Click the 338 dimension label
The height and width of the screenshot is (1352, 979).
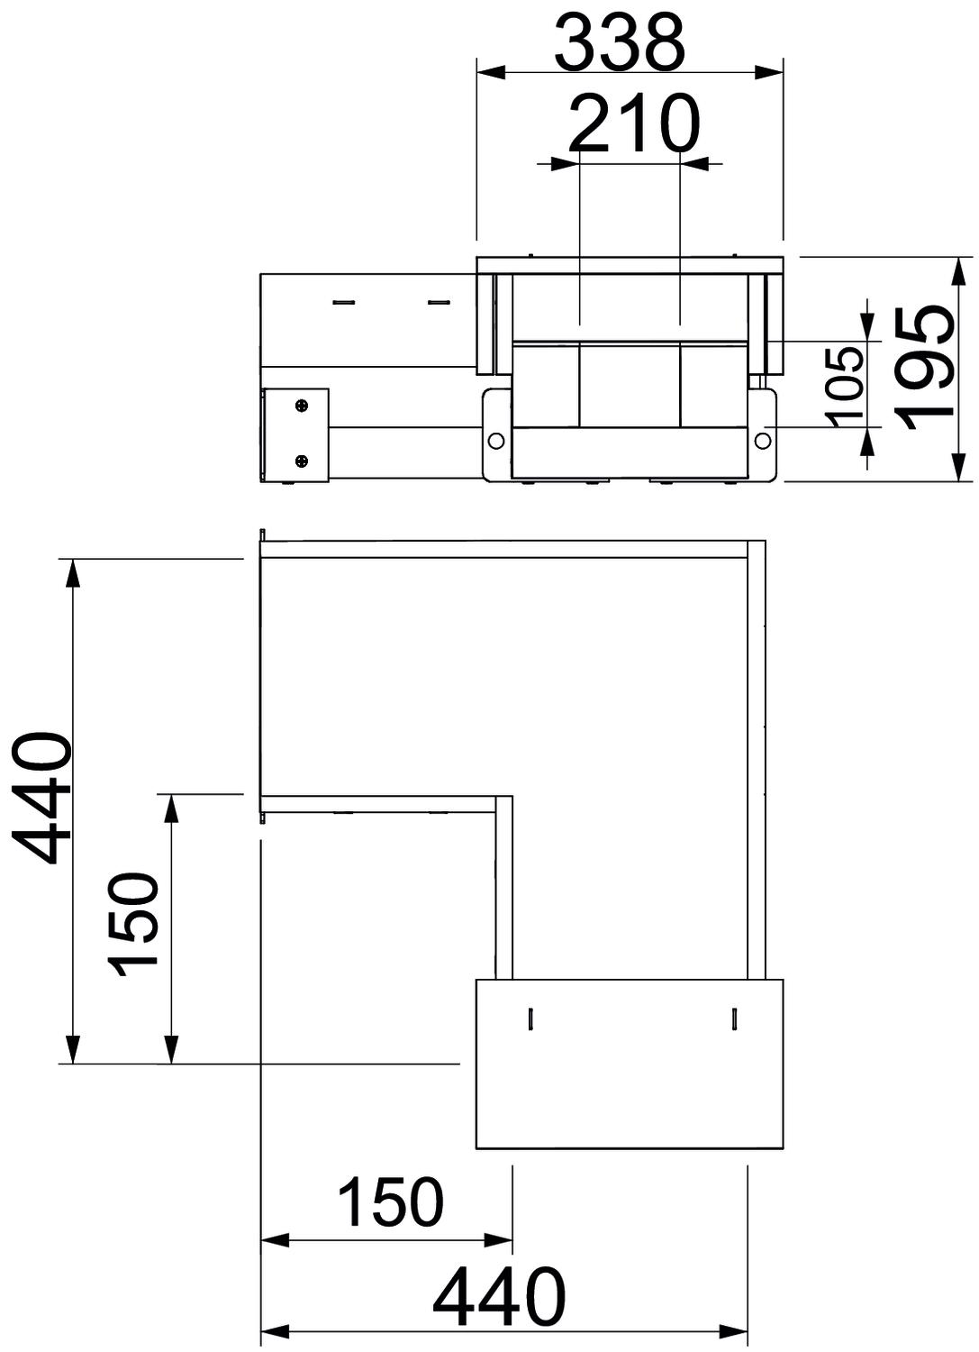click(620, 41)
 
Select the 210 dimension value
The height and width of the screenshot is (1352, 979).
click(635, 123)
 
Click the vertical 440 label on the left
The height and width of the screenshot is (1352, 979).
click(41, 798)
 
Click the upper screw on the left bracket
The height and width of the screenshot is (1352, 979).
click(303, 406)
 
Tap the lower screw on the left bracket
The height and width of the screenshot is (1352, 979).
click(303, 461)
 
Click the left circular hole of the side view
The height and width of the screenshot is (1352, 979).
click(496, 441)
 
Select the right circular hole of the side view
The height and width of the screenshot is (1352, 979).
click(763, 441)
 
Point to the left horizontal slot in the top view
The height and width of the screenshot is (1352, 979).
click(344, 301)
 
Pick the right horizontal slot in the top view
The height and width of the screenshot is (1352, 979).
click(439, 301)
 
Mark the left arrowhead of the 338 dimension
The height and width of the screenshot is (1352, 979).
click(491, 73)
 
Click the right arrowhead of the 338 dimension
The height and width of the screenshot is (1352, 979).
click(769, 73)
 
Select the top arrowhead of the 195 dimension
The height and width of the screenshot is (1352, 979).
click(958, 271)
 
